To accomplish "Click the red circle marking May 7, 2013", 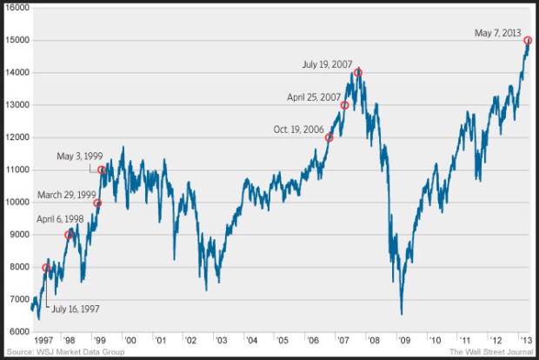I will point(528,41).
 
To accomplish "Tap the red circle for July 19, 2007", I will point(357,73).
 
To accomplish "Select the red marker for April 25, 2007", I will point(344,105).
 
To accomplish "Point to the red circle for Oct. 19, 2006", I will point(329,137).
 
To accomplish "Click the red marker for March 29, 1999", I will point(97,203).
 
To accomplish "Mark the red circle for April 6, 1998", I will point(70,235).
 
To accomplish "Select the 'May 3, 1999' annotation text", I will point(80,157).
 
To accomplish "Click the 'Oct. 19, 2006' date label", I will point(298,130).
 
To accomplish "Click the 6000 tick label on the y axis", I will point(18,331).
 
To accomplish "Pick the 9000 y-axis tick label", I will point(18,235).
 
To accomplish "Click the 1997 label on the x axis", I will point(44,339).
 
